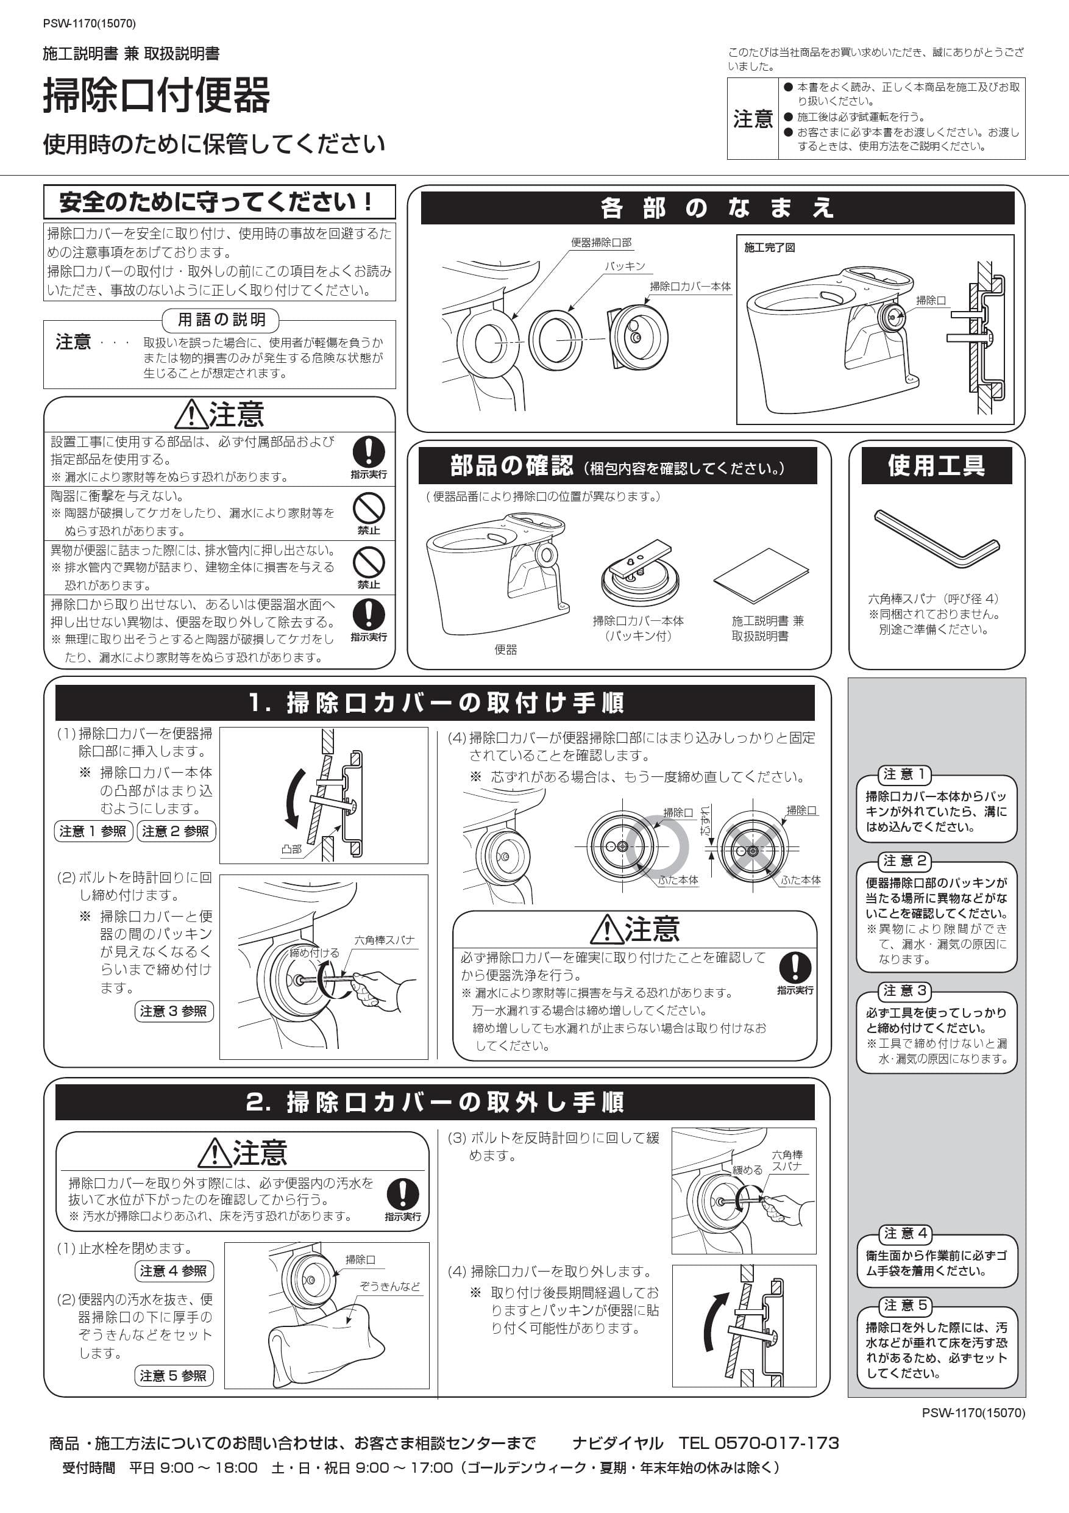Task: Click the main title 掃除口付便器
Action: click(x=157, y=96)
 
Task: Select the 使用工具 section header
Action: click(x=936, y=466)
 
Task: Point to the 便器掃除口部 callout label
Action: click(x=601, y=243)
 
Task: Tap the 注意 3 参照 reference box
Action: click(x=174, y=1012)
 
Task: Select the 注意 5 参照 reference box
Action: click(x=174, y=1375)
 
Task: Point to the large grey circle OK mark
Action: click(x=658, y=847)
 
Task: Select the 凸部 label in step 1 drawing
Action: click(x=291, y=849)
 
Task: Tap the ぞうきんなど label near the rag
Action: click(x=390, y=1286)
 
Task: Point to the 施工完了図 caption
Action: click(x=769, y=248)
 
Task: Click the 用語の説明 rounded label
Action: click(x=221, y=320)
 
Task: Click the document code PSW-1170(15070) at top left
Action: click(x=90, y=24)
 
